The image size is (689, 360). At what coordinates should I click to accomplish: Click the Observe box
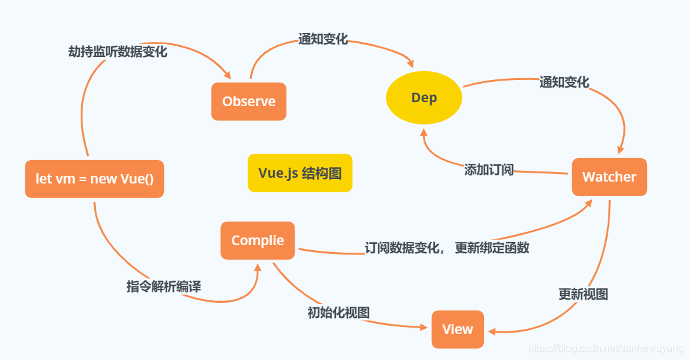tap(248, 102)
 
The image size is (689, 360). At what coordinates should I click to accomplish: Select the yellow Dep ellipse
tap(424, 98)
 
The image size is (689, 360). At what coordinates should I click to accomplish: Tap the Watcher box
tap(609, 177)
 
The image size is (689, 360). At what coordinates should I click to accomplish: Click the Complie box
tap(258, 241)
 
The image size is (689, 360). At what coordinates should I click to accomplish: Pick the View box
tap(457, 330)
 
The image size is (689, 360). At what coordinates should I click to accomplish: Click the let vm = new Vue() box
tap(95, 179)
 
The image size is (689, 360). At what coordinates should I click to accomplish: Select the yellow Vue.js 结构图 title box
tap(300, 173)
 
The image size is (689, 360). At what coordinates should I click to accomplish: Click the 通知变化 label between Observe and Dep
tap(323, 39)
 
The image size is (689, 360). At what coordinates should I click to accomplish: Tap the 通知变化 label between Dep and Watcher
tap(564, 83)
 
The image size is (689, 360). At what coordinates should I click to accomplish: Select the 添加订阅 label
tap(489, 170)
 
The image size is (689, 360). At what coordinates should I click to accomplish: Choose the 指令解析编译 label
tap(164, 286)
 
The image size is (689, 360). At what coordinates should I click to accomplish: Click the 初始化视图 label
tap(338, 312)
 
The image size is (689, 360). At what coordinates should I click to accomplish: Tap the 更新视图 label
tap(583, 295)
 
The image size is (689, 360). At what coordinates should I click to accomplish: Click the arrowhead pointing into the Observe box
tap(228, 76)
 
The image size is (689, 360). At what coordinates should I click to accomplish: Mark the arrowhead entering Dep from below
tap(422, 130)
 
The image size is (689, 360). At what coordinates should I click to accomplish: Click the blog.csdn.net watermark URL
tap(606, 349)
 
